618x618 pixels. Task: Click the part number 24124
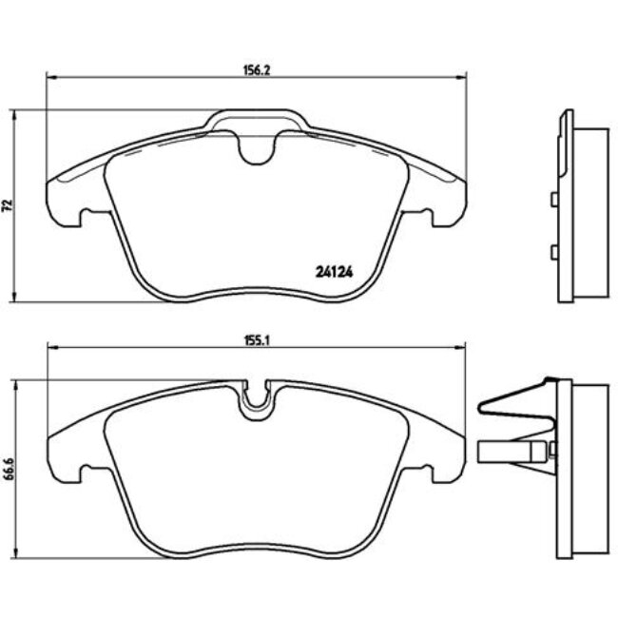click(x=334, y=270)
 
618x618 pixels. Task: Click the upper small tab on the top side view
click(x=551, y=200)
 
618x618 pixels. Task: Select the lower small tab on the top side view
click(x=551, y=251)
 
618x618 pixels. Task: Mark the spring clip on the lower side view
click(x=513, y=403)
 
